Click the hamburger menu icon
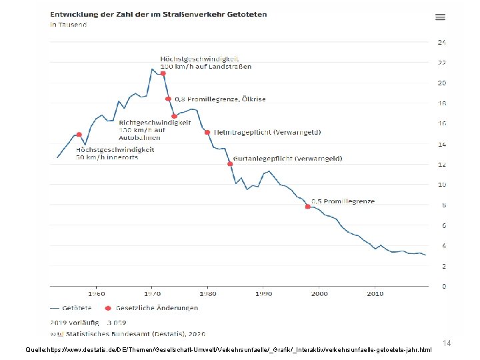440,17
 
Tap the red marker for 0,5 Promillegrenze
308,207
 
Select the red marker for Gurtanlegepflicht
230,163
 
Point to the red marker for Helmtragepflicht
207,132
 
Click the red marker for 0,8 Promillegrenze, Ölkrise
168,99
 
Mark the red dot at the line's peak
163,73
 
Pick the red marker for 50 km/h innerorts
79,135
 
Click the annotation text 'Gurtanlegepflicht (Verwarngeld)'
288,159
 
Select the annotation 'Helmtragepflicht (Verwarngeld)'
267,132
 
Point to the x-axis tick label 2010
375,293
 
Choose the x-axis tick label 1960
96,293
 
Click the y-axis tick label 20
441,83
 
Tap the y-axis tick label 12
441,165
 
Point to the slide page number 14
447,343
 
